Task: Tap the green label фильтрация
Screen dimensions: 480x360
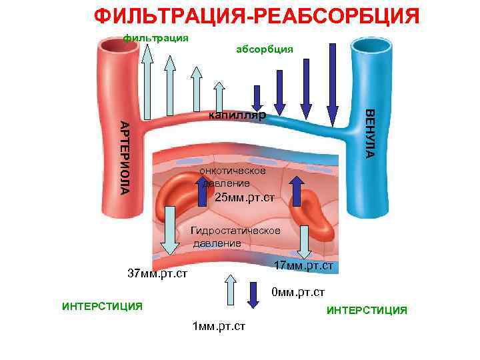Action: pos(156,37)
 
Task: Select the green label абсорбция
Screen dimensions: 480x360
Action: pos(265,49)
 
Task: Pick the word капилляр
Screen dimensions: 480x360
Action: pos(237,115)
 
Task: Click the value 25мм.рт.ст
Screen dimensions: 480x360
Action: pos(245,197)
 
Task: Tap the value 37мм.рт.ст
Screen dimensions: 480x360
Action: pos(157,273)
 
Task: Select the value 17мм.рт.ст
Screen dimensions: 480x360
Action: pos(304,266)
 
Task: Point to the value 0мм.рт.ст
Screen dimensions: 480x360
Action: pos(298,292)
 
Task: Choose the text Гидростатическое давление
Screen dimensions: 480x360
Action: pos(235,237)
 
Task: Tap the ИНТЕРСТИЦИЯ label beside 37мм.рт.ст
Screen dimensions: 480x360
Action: pos(102,306)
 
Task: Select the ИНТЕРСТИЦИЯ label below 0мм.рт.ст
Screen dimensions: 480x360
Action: pos(367,310)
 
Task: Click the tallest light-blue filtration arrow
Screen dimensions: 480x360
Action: pos(147,80)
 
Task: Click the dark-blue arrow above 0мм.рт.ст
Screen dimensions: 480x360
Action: pos(254,294)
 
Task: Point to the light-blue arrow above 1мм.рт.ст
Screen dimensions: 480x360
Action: pos(230,291)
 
